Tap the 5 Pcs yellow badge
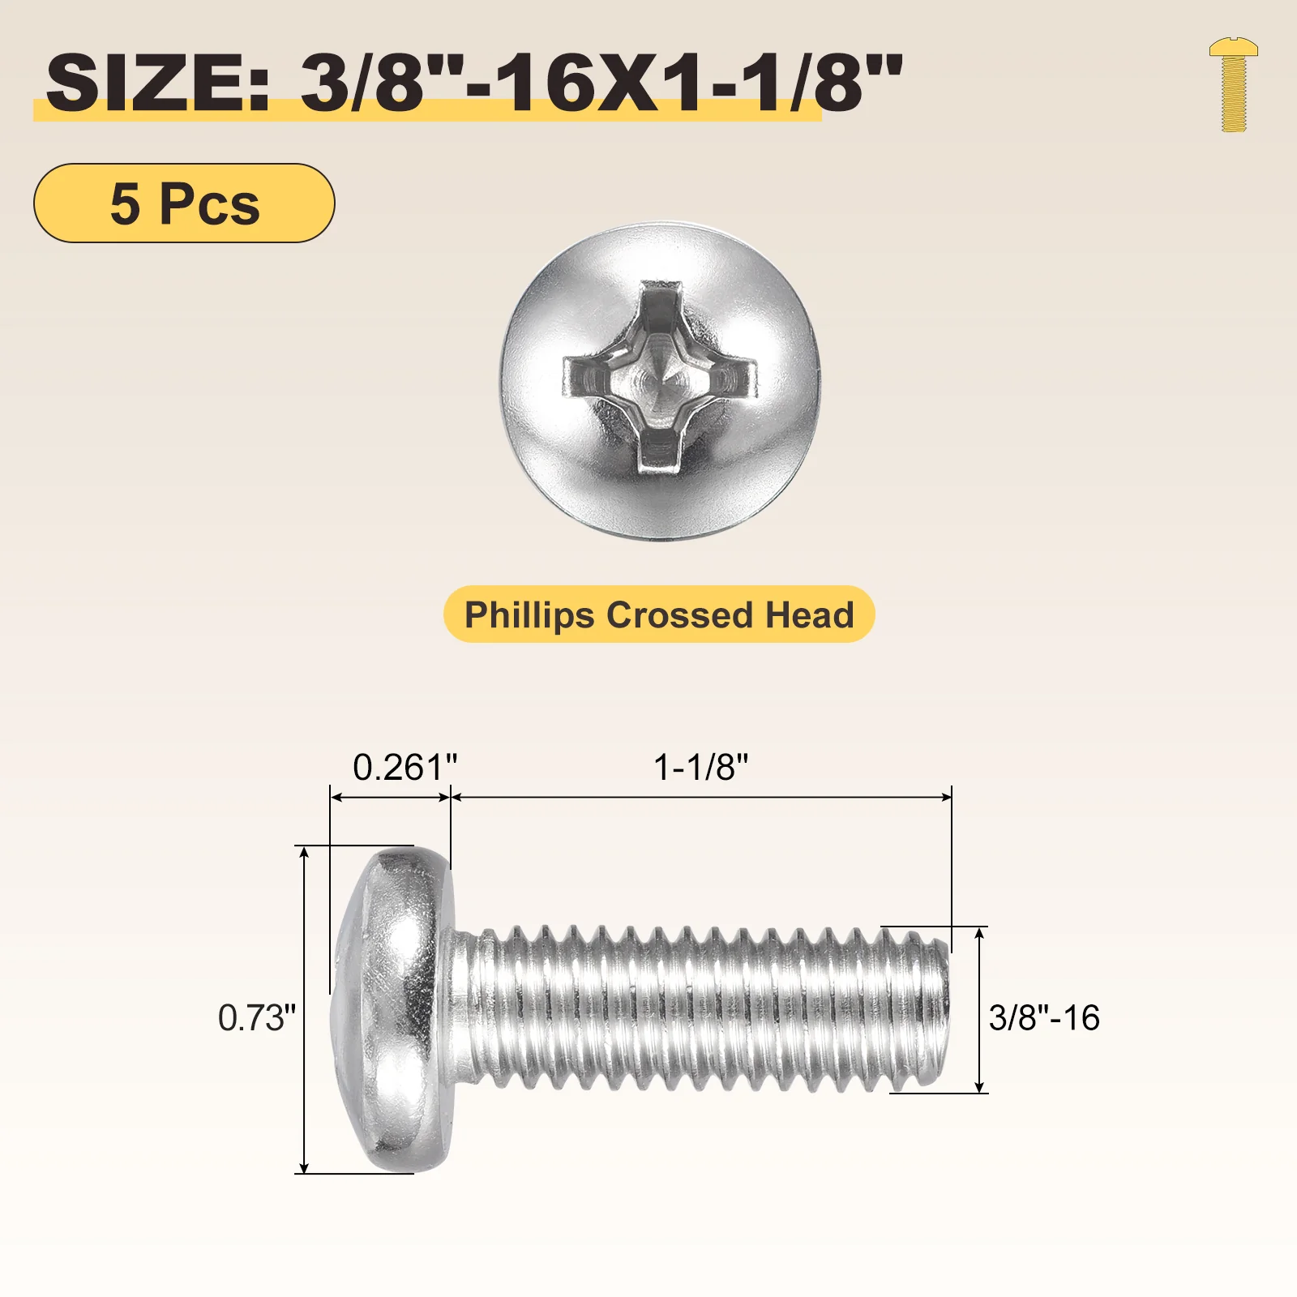(x=184, y=203)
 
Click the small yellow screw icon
(x=1233, y=84)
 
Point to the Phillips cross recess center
(x=660, y=378)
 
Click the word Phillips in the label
(x=530, y=615)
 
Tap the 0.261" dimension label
(x=405, y=767)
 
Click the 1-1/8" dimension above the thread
(x=701, y=767)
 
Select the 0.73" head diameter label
(x=257, y=1017)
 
